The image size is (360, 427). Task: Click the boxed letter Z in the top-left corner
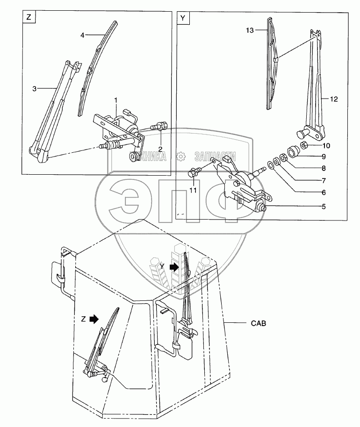coord(29,18)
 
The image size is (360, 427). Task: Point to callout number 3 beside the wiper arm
coord(35,87)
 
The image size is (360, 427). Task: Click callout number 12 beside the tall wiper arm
coord(333,99)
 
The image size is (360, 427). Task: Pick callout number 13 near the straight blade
coord(250,30)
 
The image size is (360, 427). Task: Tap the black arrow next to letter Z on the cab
coord(94,319)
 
